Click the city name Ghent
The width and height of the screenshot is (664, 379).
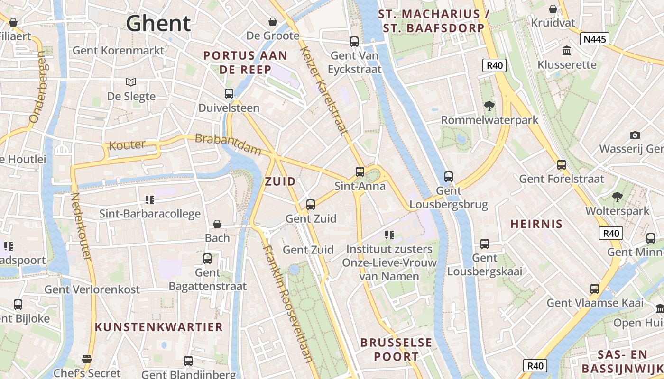(x=158, y=23)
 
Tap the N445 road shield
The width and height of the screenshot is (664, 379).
(x=595, y=39)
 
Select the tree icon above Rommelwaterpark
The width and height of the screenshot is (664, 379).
(x=489, y=106)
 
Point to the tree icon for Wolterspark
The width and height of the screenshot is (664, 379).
(x=617, y=197)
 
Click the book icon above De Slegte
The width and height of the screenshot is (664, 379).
(x=131, y=82)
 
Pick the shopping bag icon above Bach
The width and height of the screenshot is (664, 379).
(x=217, y=224)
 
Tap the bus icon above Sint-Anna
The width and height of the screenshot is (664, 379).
(x=360, y=171)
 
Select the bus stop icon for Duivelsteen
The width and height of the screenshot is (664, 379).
(x=229, y=94)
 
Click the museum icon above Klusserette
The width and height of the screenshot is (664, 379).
(x=566, y=50)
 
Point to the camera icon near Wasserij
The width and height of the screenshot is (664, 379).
(x=635, y=135)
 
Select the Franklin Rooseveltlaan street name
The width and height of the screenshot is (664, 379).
(x=288, y=303)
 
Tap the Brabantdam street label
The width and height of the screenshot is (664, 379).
(x=228, y=144)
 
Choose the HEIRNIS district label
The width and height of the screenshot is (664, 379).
(x=536, y=224)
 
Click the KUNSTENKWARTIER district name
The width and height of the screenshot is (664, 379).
(x=158, y=327)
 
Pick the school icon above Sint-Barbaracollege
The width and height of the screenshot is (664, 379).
(x=150, y=200)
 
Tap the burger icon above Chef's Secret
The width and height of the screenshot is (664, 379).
(x=86, y=359)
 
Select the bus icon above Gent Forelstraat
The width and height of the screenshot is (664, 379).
(x=562, y=165)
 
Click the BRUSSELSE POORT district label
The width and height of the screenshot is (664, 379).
(x=396, y=349)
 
